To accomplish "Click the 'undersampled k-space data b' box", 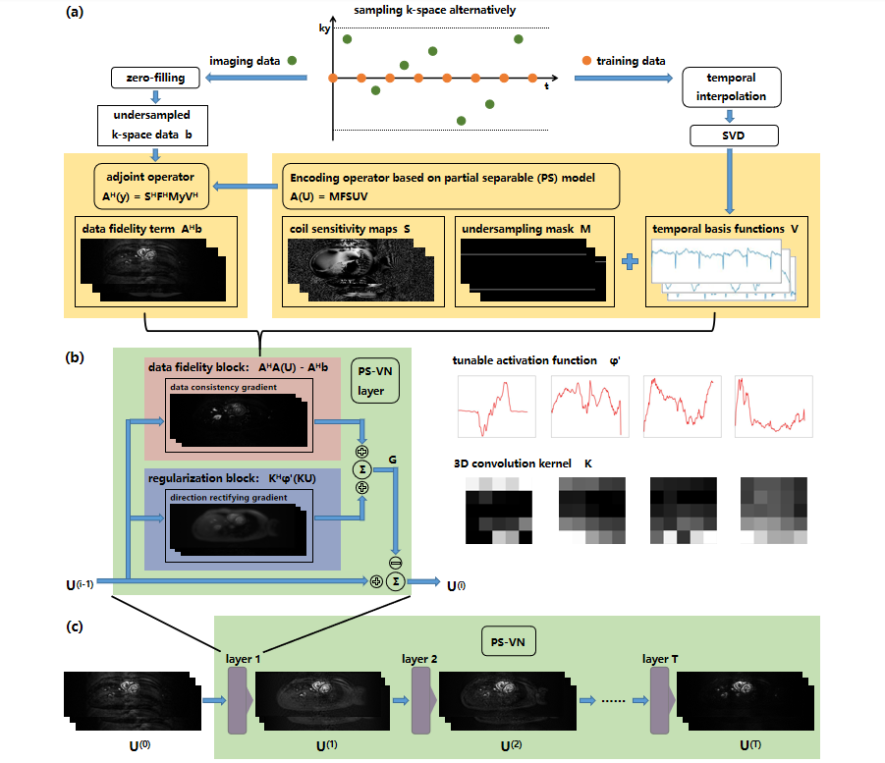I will click(x=152, y=124).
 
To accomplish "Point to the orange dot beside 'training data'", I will click(x=587, y=61).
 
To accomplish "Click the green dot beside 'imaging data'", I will click(x=293, y=61).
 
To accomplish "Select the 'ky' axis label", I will click(x=324, y=29).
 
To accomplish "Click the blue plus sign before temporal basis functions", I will click(x=630, y=262).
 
